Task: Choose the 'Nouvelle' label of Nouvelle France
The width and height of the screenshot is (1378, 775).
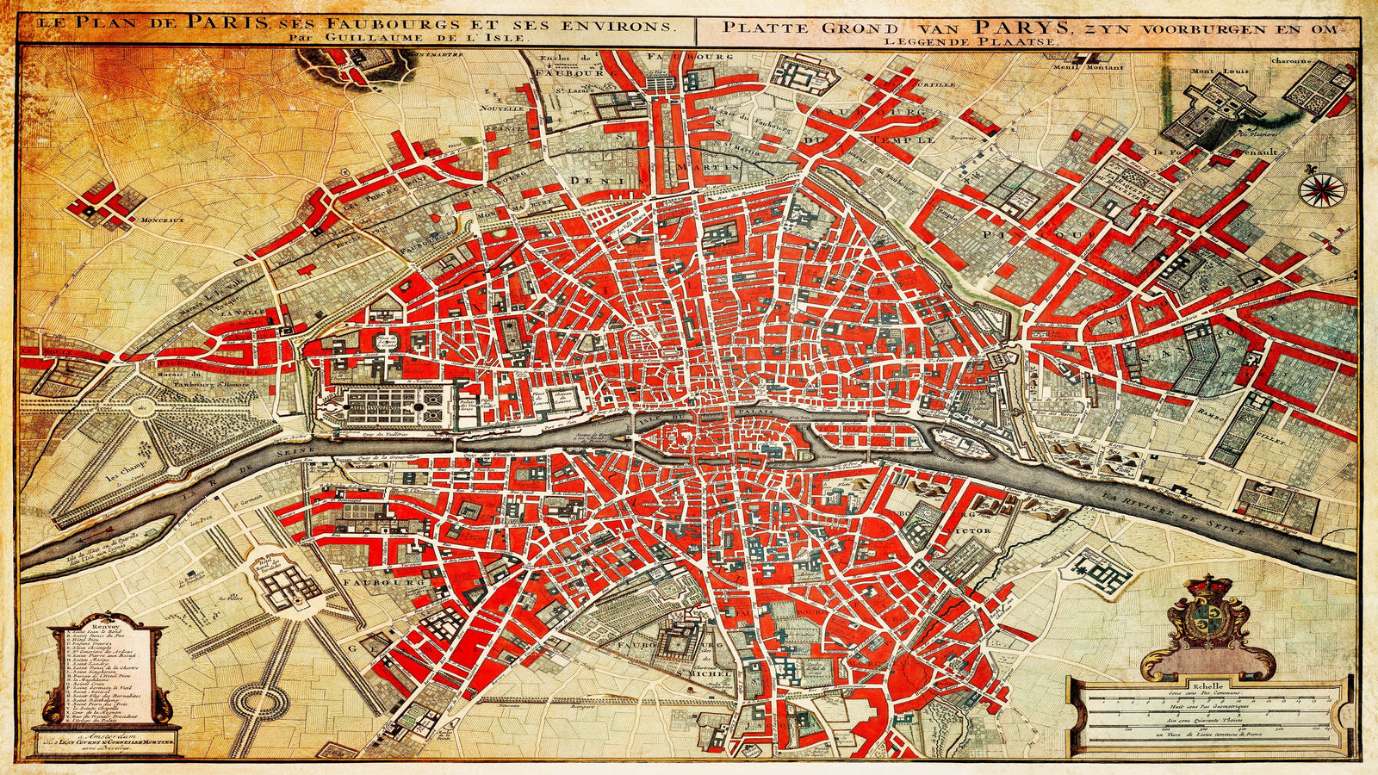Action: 503,109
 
